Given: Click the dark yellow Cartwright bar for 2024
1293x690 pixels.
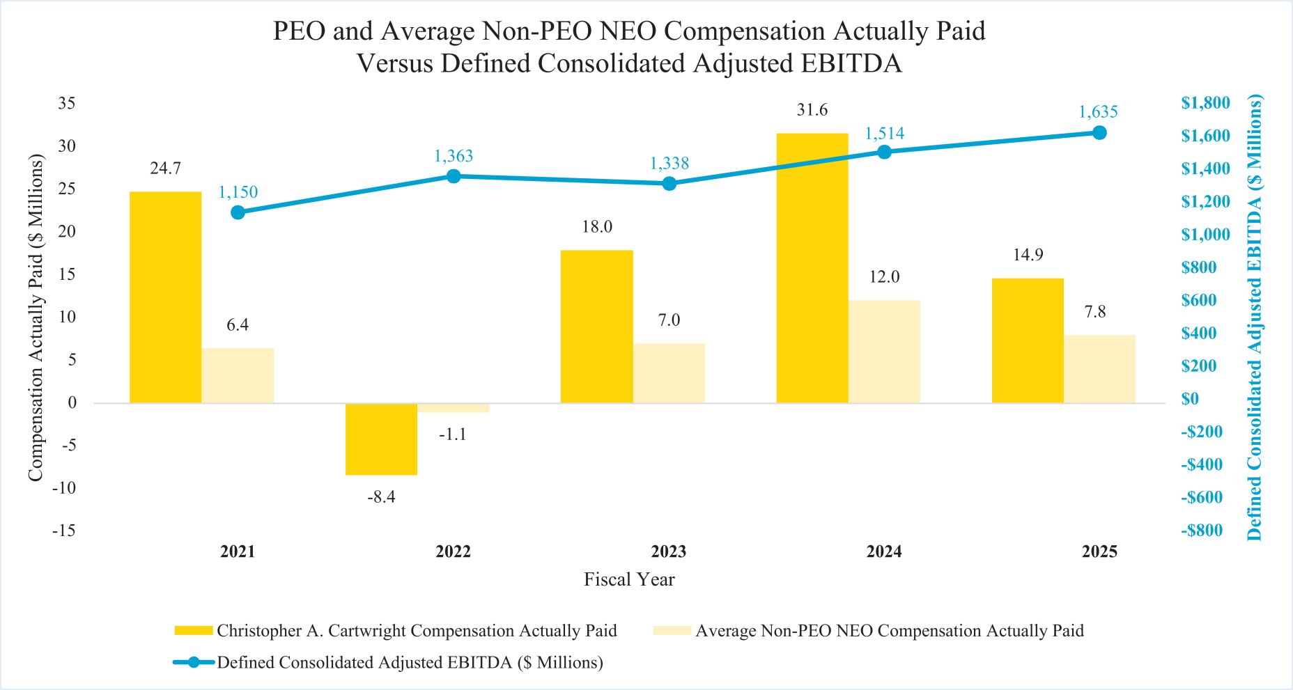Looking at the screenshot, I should pyautogui.click(x=812, y=268).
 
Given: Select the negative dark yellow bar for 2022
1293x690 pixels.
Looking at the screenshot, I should pyautogui.click(x=381, y=439).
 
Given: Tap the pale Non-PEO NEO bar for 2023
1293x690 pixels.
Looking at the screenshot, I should pyautogui.click(x=669, y=373).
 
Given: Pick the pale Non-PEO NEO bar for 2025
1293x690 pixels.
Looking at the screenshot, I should pyautogui.click(x=1099, y=369).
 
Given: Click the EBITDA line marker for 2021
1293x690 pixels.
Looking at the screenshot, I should pyautogui.click(x=238, y=212).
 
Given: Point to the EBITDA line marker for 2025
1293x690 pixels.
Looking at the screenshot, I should pyautogui.click(x=1099, y=133).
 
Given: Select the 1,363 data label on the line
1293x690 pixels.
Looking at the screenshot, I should pyautogui.click(x=454, y=156).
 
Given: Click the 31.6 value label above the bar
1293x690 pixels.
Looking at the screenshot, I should pyautogui.click(x=812, y=110).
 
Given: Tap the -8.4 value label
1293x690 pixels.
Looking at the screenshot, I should pyautogui.click(x=381, y=496).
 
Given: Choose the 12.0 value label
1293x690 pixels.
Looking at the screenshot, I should pyautogui.click(x=884, y=277).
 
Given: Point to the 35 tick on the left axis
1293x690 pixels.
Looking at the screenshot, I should pyautogui.click(x=66, y=103).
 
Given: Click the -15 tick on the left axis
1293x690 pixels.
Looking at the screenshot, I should pyautogui.click(x=63, y=531).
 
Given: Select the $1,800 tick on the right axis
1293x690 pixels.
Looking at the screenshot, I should pyautogui.click(x=1205, y=103).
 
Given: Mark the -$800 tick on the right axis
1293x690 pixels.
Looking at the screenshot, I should pyautogui.click(x=1202, y=531).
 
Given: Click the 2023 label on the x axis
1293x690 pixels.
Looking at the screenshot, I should pyautogui.click(x=669, y=552).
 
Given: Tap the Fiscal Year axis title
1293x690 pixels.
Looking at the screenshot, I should pyautogui.click(x=629, y=579).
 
